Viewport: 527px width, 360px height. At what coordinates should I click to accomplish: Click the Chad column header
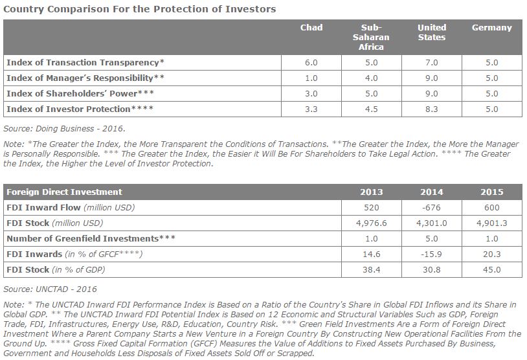(311, 28)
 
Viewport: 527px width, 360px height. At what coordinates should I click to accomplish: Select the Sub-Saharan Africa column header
(371, 37)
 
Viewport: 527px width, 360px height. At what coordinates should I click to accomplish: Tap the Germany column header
(491, 28)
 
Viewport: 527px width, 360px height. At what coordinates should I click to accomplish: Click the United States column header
(432, 32)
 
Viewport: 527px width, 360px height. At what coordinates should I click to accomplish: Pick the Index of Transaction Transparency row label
(85, 63)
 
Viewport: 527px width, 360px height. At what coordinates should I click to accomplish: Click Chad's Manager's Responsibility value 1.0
(311, 78)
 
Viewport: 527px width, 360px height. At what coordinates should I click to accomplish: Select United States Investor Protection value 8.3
(432, 109)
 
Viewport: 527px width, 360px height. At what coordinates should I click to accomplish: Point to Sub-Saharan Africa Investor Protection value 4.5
(372, 109)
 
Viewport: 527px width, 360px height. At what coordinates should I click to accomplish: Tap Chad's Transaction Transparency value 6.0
(311, 63)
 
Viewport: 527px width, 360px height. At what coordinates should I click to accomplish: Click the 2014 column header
(432, 192)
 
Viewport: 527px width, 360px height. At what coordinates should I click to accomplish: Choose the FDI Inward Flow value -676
(432, 207)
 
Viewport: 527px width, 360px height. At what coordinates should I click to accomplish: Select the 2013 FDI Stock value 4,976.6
(372, 223)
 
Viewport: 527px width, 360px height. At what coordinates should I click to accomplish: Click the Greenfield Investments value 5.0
(432, 239)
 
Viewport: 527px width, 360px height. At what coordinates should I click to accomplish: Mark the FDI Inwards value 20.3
(491, 254)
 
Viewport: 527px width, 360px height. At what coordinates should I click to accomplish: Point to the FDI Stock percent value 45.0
(491, 269)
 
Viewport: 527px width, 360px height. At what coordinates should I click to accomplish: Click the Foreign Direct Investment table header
(64, 192)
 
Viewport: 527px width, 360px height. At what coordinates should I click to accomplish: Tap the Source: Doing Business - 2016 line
(64, 129)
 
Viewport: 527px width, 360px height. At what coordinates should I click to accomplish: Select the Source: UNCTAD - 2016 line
(50, 289)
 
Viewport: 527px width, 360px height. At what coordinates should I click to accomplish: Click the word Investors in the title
(251, 8)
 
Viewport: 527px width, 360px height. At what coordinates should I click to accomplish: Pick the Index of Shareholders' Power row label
(80, 93)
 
